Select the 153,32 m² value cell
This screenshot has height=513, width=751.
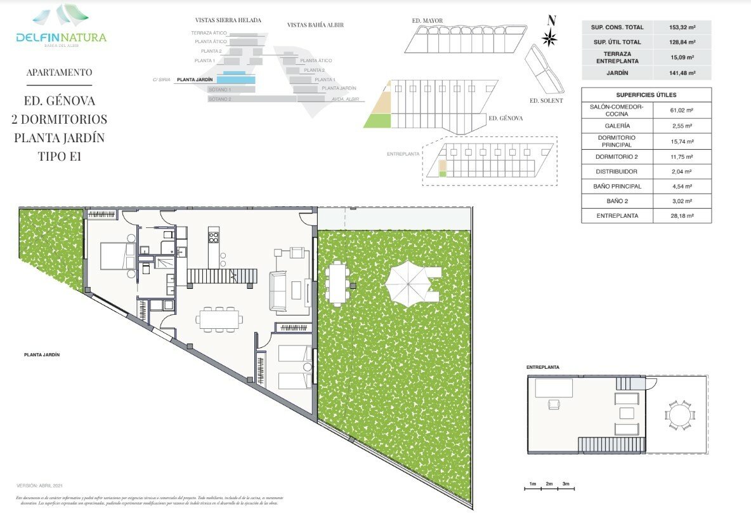682,27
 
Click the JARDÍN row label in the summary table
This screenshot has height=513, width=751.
613,73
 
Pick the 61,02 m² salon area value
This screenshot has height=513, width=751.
682,110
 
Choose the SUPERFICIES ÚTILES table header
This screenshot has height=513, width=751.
646,95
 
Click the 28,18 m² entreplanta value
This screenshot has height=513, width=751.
682,216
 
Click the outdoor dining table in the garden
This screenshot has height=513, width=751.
337,283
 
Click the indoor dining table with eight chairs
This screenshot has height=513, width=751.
219,319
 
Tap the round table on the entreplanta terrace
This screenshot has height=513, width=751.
680,415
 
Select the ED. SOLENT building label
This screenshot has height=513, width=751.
545,100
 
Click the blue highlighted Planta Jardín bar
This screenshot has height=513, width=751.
236,80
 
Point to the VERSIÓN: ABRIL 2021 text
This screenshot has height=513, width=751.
39,485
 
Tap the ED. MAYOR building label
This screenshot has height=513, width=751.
428,20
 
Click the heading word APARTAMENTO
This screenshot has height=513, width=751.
59,72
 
